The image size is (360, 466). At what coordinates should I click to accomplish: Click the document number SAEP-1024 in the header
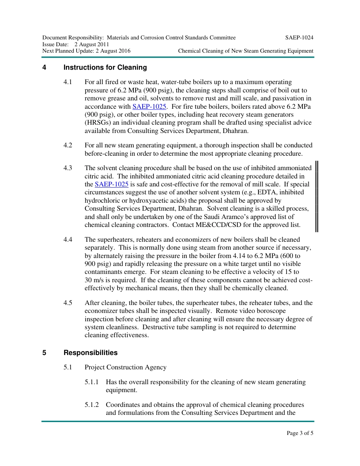[299, 38]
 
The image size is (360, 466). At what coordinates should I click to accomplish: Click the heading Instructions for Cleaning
[105, 67]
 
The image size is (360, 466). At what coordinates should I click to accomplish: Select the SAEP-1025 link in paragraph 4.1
[149, 106]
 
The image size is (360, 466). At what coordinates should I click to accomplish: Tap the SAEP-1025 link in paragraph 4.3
[111, 184]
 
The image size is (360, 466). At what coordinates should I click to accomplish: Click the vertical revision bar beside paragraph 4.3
[317, 196]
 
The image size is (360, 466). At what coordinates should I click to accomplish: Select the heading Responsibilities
[90, 353]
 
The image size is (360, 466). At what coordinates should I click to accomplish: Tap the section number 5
[44, 353]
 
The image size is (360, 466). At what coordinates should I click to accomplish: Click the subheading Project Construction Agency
[125, 367]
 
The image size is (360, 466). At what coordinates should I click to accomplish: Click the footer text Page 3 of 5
[300, 433]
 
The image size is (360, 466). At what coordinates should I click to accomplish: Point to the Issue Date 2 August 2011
[91, 44]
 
